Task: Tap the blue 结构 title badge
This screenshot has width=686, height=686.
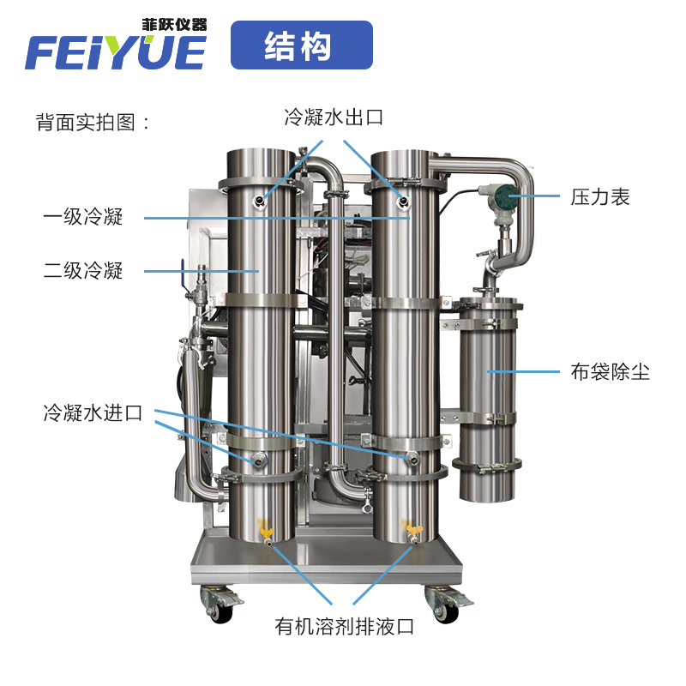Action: tap(302, 45)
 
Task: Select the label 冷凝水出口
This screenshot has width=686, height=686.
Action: tap(334, 117)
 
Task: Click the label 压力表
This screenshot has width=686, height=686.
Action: tap(600, 196)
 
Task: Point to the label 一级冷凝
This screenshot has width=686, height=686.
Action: tap(83, 217)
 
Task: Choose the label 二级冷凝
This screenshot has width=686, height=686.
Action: tap(83, 272)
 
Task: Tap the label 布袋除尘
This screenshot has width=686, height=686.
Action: tap(611, 371)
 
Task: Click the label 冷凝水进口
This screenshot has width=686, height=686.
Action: tap(92, 413)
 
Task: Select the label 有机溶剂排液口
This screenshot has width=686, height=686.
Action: tap(345, 627)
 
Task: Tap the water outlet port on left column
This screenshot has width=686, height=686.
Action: tap(258, 201)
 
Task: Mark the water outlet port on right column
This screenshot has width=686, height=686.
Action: tap(402, 201)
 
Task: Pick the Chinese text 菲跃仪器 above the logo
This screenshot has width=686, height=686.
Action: tap(174, 25)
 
